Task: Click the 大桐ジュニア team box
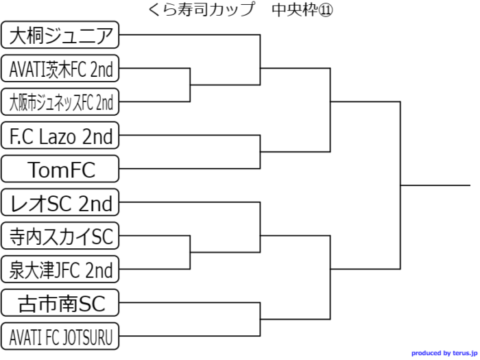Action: (60, 35)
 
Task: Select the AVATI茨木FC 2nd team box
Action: (60, 69)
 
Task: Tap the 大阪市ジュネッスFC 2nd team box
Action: (60, 102)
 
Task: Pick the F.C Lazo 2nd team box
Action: (60, 136)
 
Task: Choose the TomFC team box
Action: (60, 169)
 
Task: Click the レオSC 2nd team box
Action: (60, 202)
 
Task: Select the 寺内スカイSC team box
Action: (60, 236)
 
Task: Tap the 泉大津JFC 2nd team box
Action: (60, 269)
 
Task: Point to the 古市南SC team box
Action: (60, 302)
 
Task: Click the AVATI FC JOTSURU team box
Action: (60, 336)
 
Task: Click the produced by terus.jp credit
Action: (443, 353)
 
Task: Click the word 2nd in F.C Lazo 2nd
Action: (97, 136)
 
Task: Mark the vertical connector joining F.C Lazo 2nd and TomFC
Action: (260, 152)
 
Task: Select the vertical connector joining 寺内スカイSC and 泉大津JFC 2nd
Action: (190, 252)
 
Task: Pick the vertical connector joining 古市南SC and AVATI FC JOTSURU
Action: (260, 320)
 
